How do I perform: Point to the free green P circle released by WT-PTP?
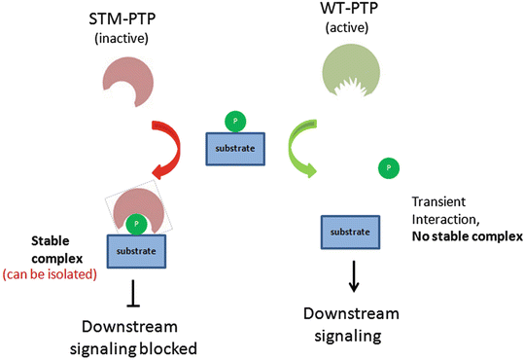389,168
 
